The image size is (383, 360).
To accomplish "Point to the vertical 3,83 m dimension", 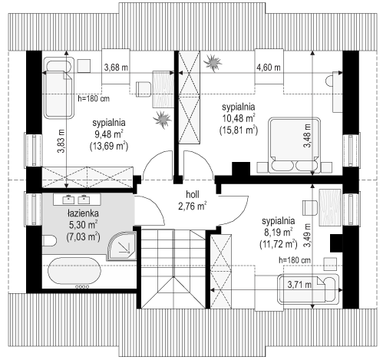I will tap(60, 140).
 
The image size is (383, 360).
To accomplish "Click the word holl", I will tap(192, 195).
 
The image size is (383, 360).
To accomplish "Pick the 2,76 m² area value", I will tap(192, 206).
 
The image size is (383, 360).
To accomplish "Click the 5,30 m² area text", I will tap(81, 226).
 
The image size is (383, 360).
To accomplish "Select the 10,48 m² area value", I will tap(239, 118).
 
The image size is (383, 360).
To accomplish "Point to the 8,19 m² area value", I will tap(277, 230).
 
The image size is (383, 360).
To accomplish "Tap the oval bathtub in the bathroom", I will tap(83, 271).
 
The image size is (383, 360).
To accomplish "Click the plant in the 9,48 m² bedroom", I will tap(161, 118).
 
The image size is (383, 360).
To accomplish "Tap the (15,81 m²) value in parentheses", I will tap(239, 130).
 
